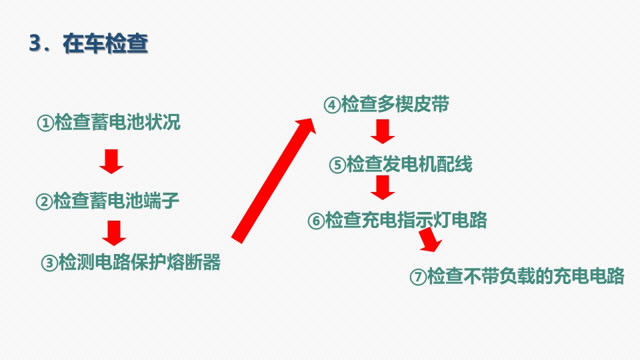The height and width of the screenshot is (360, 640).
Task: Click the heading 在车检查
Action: click(105, 43)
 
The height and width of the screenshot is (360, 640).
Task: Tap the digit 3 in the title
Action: click(35, 43)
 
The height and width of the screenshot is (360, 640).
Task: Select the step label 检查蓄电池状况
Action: click(117, 122)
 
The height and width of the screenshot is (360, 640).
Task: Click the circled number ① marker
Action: click(45, 123)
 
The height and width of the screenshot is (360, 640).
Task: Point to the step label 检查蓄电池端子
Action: click(116, 201)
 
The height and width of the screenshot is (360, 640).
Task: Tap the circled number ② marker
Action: click(44, 201)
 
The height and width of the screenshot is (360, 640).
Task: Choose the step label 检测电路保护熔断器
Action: click(140, 261)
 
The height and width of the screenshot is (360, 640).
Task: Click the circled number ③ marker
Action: click(49, 263)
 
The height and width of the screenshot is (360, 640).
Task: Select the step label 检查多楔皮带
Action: click(395, 104)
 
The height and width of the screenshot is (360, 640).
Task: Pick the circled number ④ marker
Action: click(332, 105)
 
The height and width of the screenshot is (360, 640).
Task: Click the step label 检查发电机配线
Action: click(409, 164)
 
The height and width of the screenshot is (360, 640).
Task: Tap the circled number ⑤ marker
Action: click(337, 165)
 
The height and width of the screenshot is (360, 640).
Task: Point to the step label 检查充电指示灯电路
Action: click(406, 219)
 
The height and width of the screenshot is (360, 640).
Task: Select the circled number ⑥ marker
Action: click(316, 221)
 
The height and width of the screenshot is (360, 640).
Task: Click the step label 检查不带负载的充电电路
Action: click(526, 276)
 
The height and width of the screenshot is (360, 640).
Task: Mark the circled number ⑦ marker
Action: click(418, 277)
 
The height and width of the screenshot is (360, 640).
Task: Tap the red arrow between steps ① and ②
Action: click(111, 161)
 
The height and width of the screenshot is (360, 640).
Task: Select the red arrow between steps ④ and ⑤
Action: click(383, 131)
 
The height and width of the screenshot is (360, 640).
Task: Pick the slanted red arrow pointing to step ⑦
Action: click(430, 239)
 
